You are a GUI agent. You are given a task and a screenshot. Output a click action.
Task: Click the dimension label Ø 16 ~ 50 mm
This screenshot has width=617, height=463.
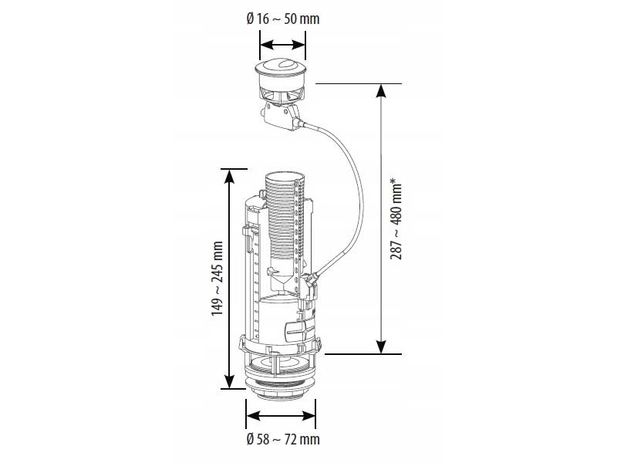[283, 19]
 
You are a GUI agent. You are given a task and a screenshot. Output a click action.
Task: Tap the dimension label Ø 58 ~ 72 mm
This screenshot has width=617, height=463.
[283, 439]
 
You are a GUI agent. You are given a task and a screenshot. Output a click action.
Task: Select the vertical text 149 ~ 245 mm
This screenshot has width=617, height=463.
[217, 279]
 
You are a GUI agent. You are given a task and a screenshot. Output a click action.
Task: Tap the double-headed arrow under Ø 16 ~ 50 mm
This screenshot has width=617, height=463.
[282, 45]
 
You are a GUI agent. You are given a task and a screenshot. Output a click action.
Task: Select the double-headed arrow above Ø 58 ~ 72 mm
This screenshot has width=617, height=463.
[281, 415]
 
